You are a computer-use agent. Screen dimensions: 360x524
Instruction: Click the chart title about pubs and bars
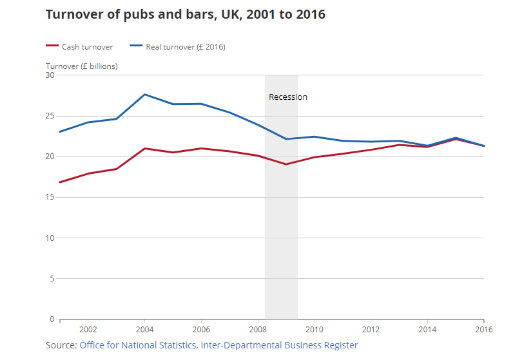185,14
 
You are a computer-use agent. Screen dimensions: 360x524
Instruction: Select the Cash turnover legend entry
87,46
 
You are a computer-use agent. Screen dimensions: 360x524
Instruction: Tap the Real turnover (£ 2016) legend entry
184,46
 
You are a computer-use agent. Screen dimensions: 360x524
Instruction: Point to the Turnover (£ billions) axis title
82,66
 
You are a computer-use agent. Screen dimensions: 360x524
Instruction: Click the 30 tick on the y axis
50,75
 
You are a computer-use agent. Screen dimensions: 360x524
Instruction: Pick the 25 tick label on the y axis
50,116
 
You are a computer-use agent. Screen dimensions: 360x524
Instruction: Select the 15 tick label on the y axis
50,197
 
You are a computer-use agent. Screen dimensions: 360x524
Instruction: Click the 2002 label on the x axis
88,328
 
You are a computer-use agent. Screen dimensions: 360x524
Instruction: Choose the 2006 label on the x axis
201,328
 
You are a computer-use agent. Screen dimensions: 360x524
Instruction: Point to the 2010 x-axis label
314,328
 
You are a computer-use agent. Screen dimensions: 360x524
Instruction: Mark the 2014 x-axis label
427,328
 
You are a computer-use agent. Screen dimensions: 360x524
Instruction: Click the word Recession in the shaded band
288,97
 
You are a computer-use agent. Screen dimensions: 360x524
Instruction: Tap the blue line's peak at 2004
144,95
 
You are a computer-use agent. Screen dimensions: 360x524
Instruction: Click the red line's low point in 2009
286,164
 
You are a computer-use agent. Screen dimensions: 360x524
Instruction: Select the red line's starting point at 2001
60,182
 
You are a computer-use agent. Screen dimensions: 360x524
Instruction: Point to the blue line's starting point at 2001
60,132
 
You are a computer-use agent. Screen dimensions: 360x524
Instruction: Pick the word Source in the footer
61,346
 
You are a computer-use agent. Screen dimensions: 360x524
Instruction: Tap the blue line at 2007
229,113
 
